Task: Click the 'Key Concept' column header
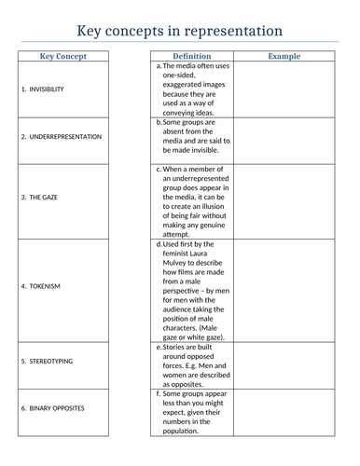63,56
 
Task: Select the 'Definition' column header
191,56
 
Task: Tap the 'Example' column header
284,56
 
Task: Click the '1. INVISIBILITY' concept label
42,89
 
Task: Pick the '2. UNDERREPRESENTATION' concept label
62,136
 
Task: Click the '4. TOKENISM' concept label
38,285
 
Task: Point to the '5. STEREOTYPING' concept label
47,361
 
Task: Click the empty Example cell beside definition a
284,89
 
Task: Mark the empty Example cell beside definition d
284,290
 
